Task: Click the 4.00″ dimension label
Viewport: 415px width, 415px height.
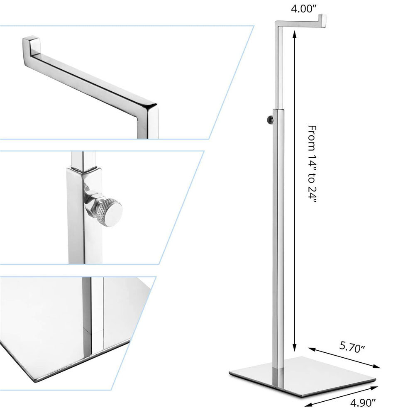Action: coord(304,9)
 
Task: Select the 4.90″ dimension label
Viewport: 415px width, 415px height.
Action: coord(363,403)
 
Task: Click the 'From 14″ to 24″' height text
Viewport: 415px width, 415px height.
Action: coord(312,164)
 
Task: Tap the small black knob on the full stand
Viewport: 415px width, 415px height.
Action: coord(270,119)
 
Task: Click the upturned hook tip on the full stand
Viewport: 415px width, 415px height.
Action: coord(322,21)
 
